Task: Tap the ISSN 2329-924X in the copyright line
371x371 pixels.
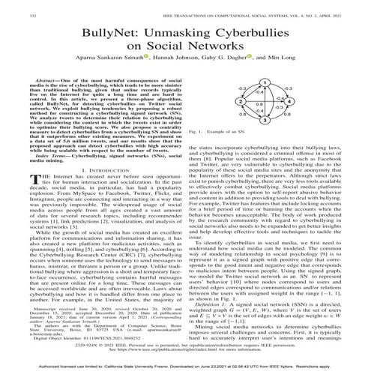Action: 116,343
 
